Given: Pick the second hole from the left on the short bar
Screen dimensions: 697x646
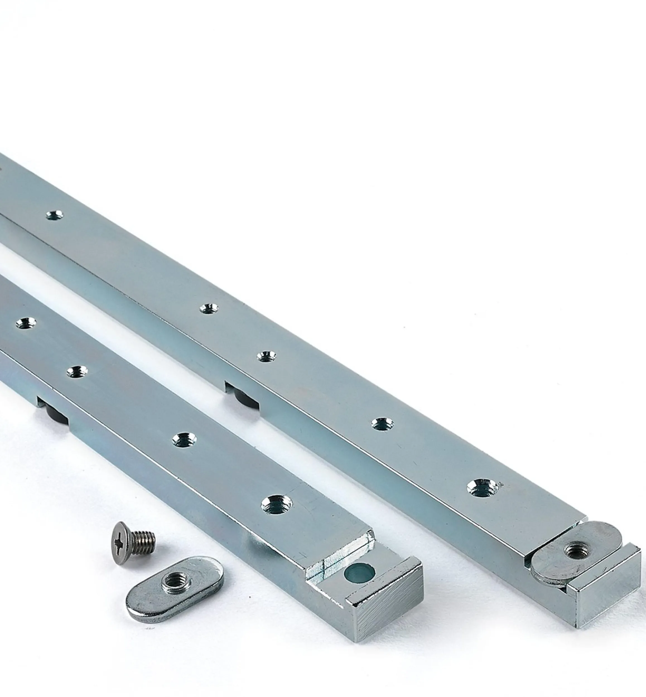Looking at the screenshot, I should coord(77,371).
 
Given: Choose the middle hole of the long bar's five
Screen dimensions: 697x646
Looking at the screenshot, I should coord(266,356).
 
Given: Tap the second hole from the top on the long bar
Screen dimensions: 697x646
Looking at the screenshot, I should coord(209,308).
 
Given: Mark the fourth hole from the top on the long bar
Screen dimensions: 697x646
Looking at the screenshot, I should coord(382,424).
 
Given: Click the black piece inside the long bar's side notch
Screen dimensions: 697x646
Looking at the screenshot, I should coord(241,396).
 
